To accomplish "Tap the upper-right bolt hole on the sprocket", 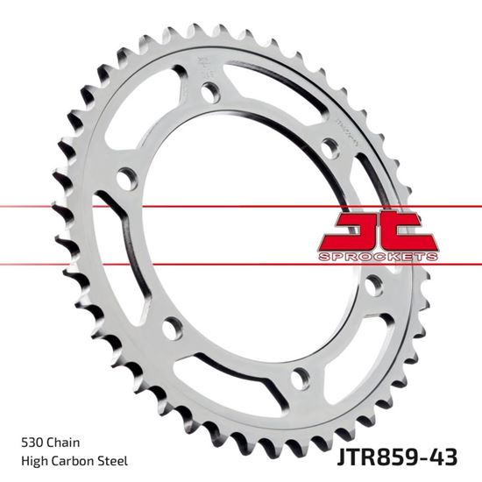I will coord(328,145).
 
